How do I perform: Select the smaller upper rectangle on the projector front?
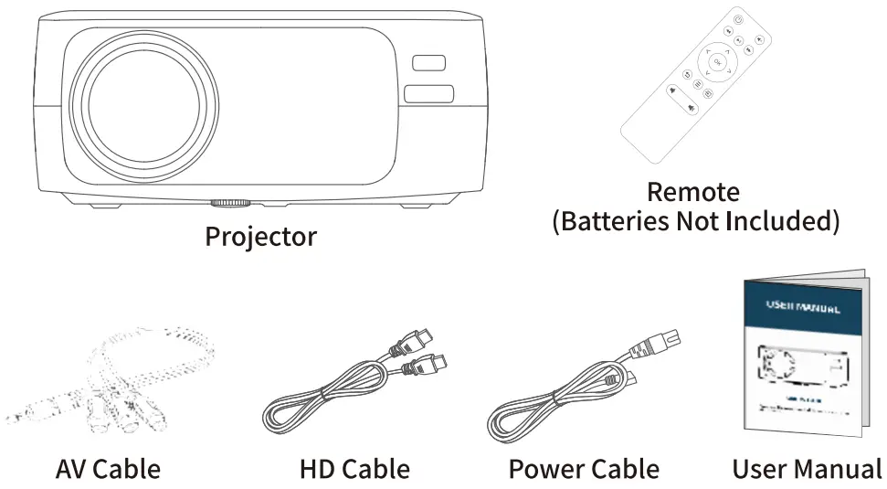tap(428, 63)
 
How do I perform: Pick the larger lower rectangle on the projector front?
tap(429, 94)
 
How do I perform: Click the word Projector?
tap(260, 237)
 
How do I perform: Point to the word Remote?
tap(692, 192)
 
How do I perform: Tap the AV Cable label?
tap(108, 470)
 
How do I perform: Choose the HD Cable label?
tap(354, 470)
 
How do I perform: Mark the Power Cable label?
tap(584, 470)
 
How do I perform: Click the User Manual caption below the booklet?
tap(807, 470)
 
